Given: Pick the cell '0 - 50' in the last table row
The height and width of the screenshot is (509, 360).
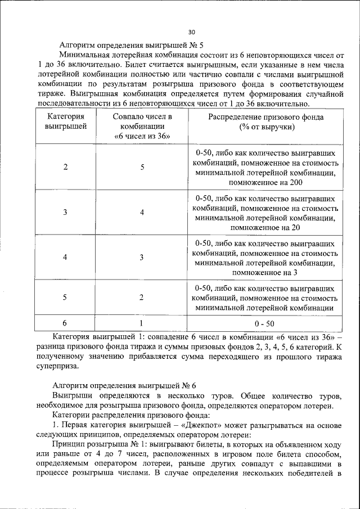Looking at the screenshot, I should click(x=264, y=324).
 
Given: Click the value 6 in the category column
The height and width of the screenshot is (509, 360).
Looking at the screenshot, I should click(x=65, y=323).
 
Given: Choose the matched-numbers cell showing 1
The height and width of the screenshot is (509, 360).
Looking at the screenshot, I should click(x=142, y=323).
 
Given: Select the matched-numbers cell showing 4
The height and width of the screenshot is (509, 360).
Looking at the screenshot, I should click(x=142, y=212).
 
